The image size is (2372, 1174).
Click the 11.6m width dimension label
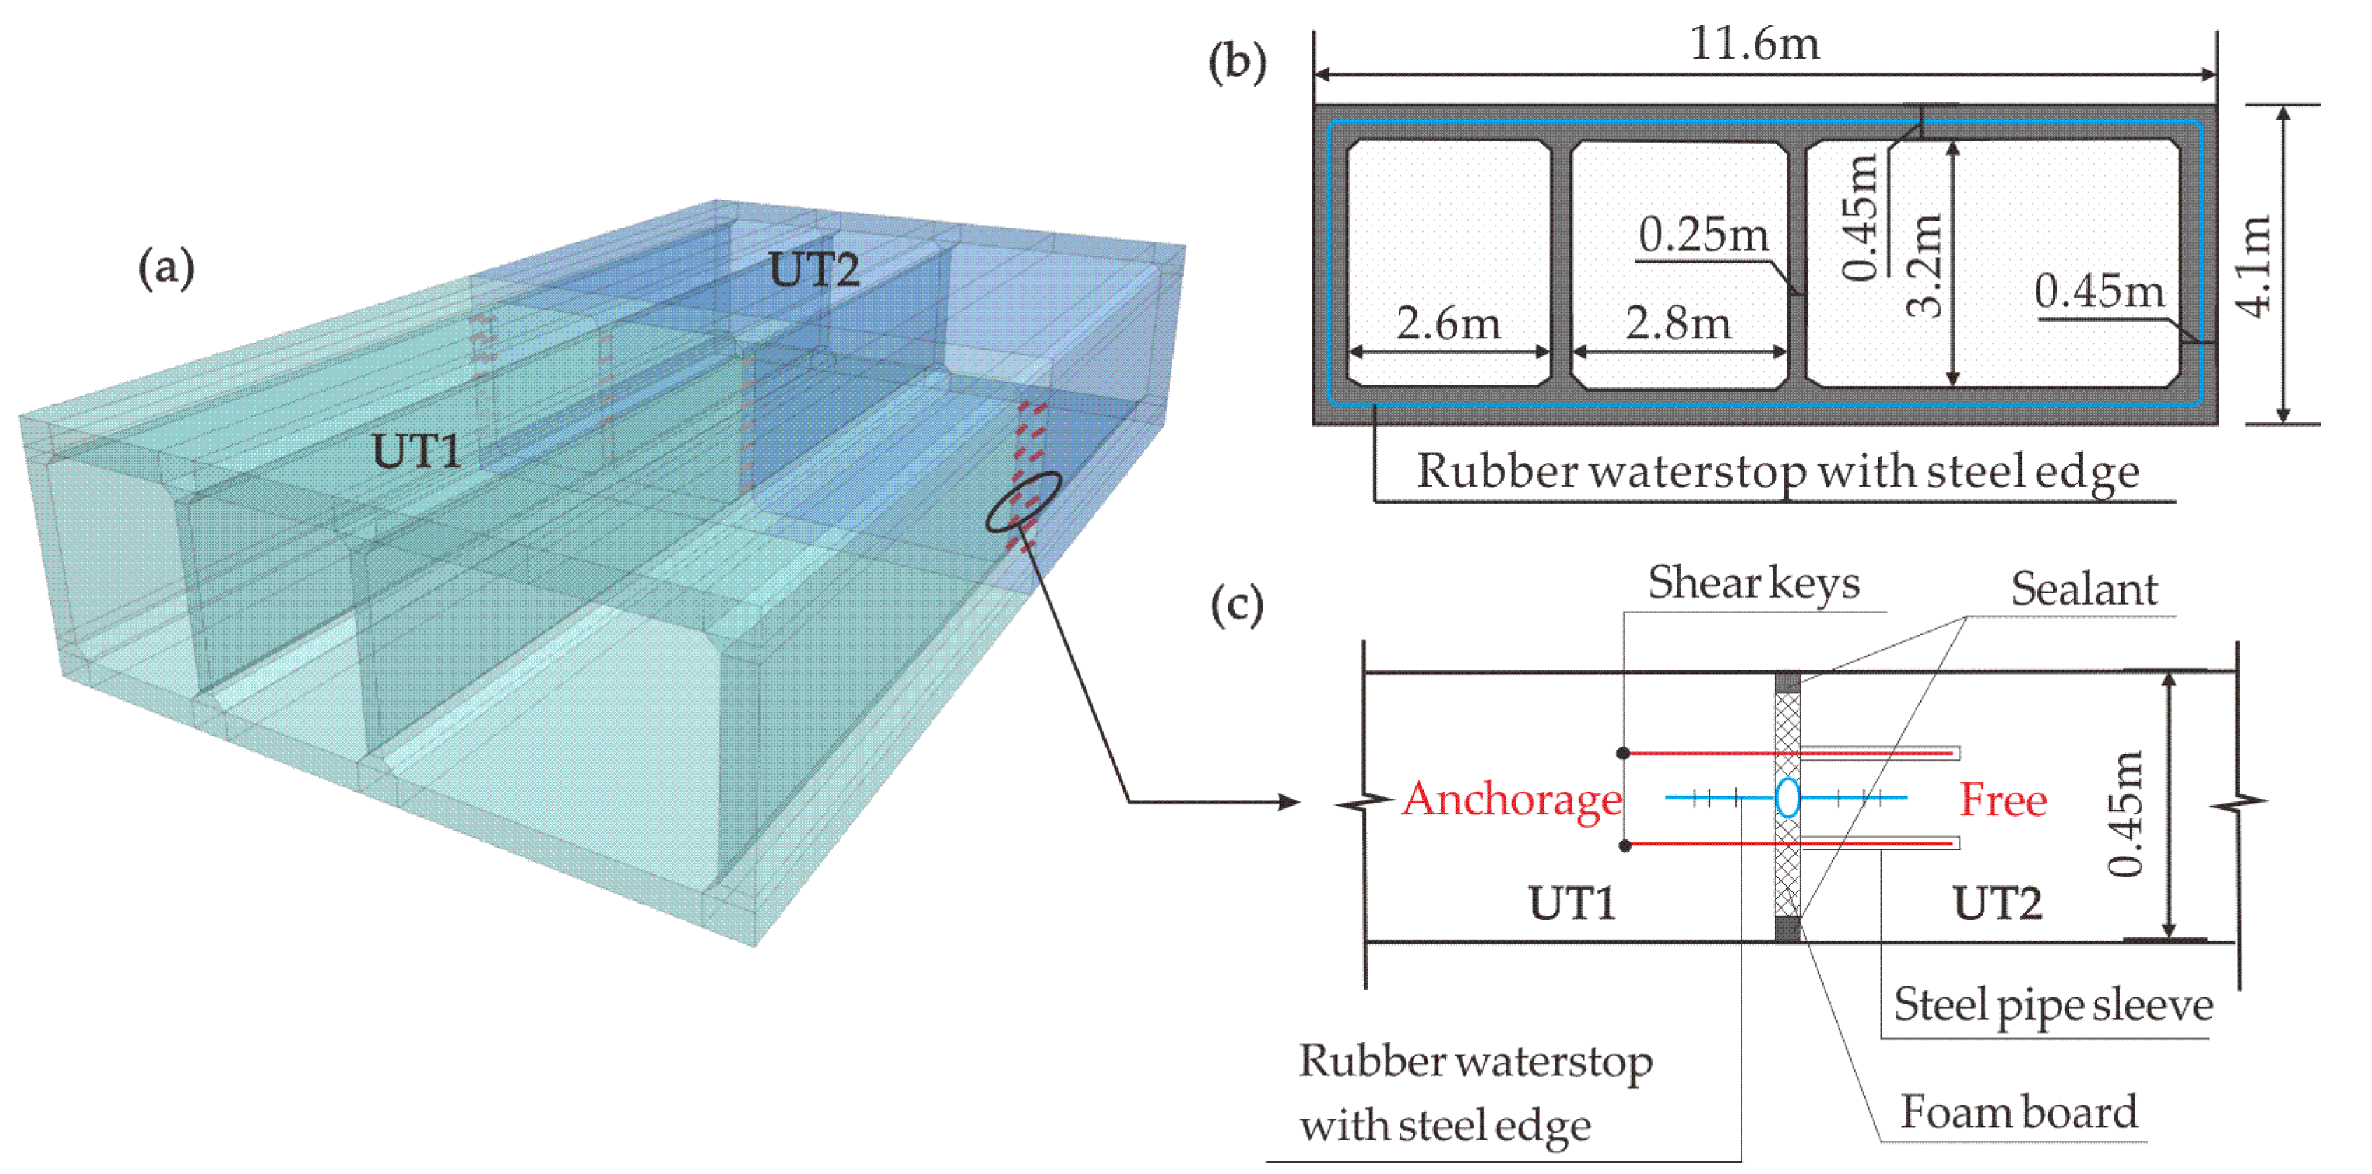point(1754,44)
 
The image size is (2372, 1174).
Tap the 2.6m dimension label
point(1448,323)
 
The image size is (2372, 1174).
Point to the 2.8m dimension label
point(1678,323)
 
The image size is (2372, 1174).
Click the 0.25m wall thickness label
point(1703,235)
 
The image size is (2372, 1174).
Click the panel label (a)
point(166,268)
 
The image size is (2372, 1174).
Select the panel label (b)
point(1237,62)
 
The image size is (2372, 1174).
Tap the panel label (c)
point(1237,605)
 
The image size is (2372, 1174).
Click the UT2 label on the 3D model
point(814,270)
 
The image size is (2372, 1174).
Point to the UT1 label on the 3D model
point(416,451)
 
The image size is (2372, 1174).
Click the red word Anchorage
point(1512,799)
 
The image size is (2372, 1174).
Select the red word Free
point(2003,799)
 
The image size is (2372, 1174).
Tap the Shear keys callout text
point(1753,583)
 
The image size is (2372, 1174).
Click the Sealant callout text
point(2083,589)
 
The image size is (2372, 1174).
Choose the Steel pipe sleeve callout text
point(2053,1004)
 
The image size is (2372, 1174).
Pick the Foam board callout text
point(2018,1112)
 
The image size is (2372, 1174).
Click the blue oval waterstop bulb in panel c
point(1787,797)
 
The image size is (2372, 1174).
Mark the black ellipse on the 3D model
point(1023,502)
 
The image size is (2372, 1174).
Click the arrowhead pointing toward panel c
point(1289,802)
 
